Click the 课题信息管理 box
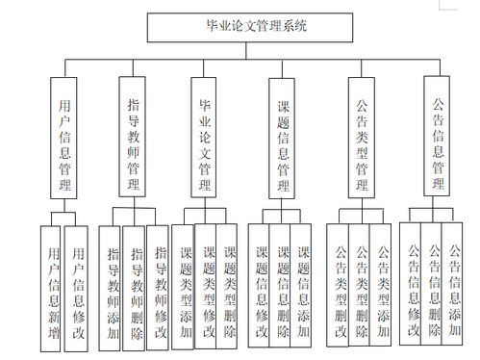[283, 143]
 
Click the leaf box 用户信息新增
[52, 285]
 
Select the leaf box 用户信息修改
[77, 285]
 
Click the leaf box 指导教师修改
[160, 283]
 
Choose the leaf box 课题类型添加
[186, 283]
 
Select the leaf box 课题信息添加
[304, 283]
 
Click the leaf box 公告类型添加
[383, 284]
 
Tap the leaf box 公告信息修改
[412, 283]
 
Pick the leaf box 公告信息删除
[434, 283]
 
